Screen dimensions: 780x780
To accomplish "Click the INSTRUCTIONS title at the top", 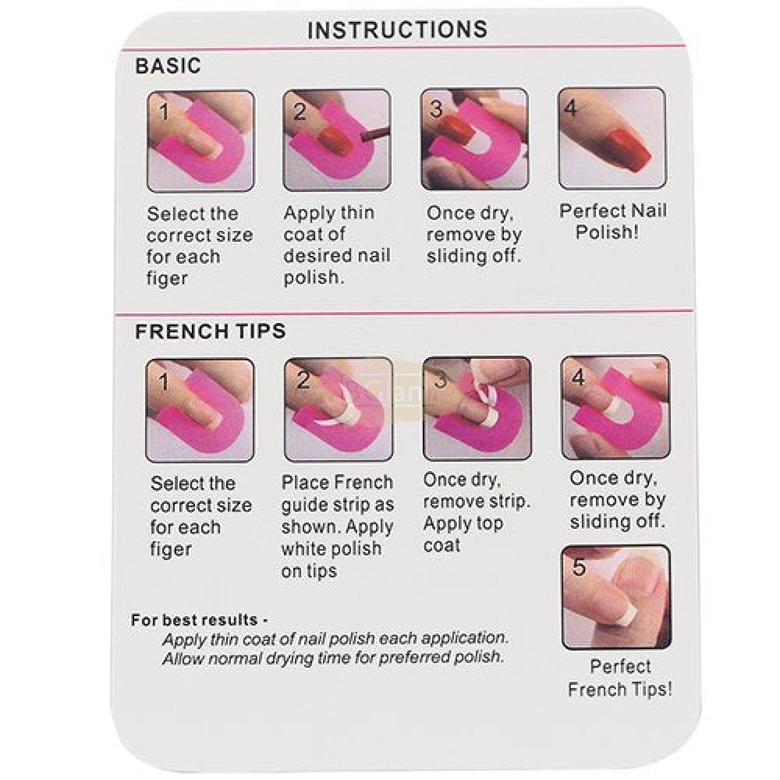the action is tap(397, 29).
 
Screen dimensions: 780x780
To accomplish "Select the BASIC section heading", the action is tap(168, 66).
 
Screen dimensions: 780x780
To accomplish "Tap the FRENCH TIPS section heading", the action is tap(210, 331).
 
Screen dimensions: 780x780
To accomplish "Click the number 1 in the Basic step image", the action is tap(163, 112).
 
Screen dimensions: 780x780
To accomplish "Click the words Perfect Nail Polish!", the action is tap(612, 222).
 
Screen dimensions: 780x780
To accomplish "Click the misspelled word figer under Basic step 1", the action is tap(167, 278).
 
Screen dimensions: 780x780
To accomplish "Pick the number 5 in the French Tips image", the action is tap(579, 566).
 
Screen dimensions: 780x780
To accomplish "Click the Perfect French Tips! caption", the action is tap(620, 678).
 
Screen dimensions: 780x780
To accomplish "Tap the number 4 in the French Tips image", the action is tap(578, 378).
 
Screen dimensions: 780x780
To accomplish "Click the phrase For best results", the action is tap(195, 620).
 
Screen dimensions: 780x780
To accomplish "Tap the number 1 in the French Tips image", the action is tap(163, 381).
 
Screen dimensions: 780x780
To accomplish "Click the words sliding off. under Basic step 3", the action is tap(473, 256).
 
